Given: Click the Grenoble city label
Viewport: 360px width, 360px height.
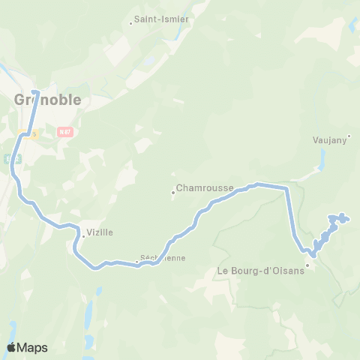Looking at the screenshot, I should [47, 100].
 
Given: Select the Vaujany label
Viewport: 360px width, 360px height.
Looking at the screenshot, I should [328, 139].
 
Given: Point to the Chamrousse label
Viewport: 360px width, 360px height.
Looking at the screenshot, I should [205, 187].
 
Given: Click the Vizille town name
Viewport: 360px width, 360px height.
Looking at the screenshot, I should [100, 232].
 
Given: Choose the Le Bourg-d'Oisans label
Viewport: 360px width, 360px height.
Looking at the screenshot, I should [260, 270].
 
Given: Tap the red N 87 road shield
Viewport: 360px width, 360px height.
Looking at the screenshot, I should [64, 131].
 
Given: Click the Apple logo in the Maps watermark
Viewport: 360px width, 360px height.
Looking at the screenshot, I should [11, 347].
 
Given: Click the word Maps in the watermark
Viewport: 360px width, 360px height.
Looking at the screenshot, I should [32, 347].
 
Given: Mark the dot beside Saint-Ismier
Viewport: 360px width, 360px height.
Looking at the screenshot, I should [131, 22].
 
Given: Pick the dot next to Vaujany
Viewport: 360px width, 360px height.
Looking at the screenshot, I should [349, 136].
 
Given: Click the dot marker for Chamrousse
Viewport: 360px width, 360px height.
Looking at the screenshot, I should [173, 192].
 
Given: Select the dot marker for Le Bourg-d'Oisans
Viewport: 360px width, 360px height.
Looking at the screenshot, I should [307, 264].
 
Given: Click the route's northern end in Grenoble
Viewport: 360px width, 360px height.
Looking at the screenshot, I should [34, 92].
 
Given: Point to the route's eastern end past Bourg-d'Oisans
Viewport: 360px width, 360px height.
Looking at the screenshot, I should [346, 220].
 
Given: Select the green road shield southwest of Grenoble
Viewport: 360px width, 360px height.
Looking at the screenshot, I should [10, 158].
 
